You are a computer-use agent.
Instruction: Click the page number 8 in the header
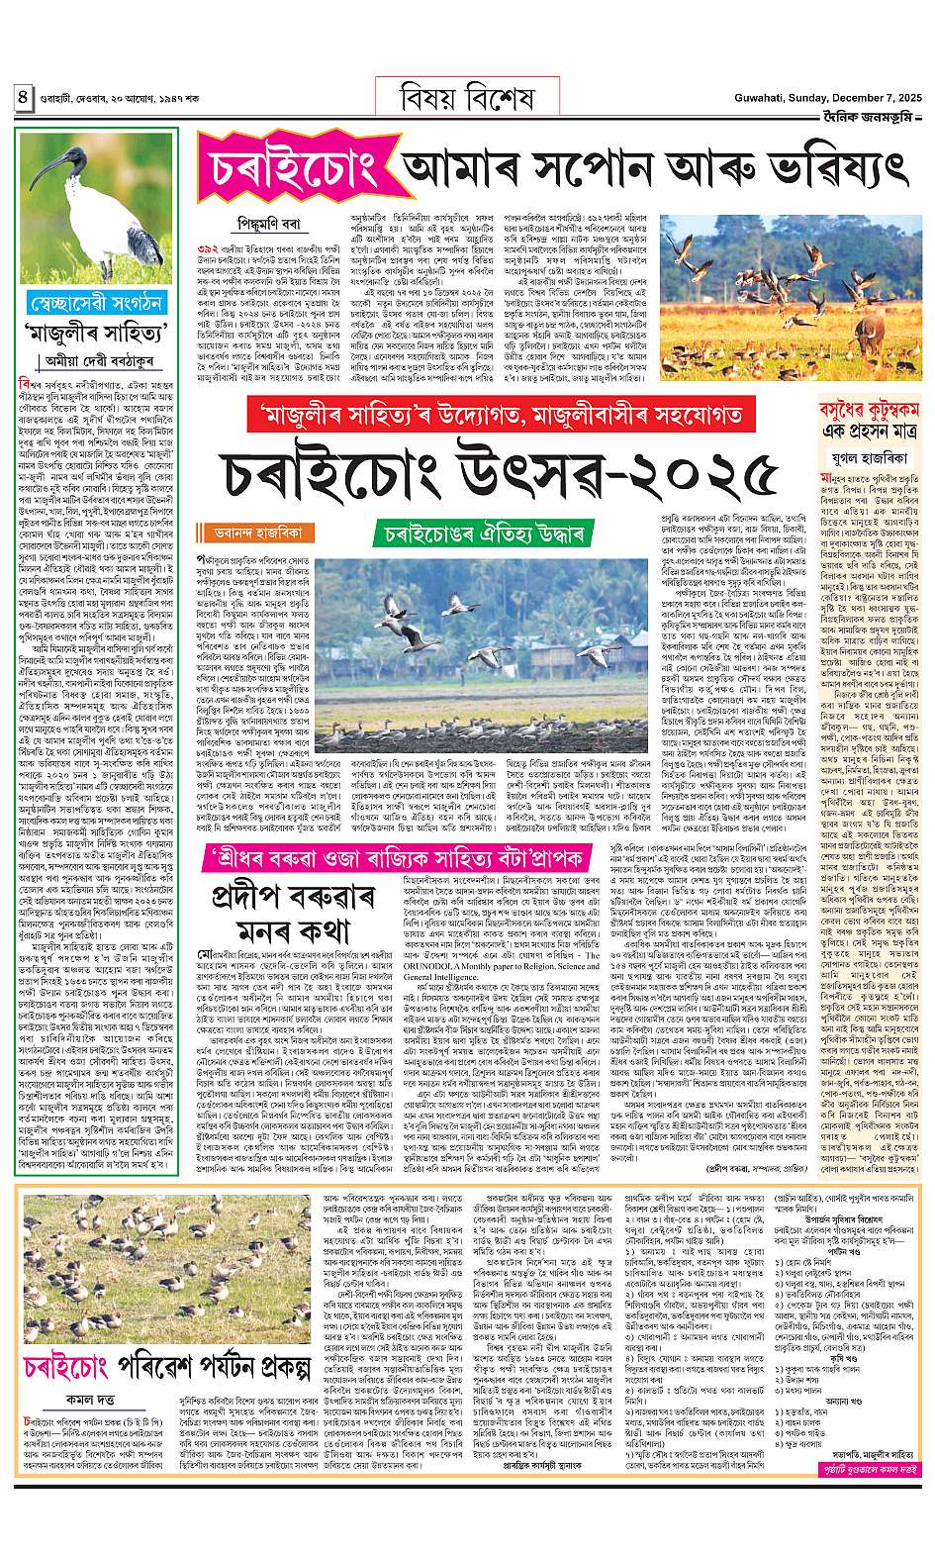point(21,98)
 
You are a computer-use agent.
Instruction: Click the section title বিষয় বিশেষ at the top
point(467,98)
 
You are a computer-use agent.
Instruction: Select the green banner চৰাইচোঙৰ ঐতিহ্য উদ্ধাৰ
point(483,535)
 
